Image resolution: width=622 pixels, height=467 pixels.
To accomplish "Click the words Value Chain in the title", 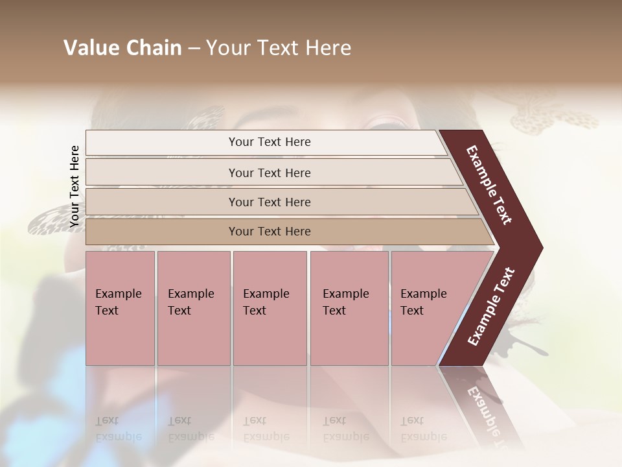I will point(122,48).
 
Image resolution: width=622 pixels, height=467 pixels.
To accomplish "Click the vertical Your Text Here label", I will point(75,186).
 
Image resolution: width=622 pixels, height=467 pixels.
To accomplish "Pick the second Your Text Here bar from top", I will point(270,173).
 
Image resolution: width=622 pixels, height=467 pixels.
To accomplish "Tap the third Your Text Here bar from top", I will point(270,202).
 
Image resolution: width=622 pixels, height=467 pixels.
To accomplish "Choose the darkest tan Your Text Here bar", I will point(270,232).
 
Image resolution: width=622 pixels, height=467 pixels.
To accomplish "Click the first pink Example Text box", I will point(120,307).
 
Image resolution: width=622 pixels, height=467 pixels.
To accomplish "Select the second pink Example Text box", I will point(193,307).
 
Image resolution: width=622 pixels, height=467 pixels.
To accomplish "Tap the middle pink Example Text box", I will point(270,307).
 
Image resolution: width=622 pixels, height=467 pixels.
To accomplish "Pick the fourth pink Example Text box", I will point(349,307).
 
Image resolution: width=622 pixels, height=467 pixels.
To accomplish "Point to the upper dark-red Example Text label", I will point(489,185).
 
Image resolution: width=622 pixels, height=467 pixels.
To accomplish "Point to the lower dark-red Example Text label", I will point(491,307).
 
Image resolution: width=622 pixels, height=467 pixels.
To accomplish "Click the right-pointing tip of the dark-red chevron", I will point(538,248).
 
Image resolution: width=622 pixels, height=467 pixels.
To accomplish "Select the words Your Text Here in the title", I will point(279,48).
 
